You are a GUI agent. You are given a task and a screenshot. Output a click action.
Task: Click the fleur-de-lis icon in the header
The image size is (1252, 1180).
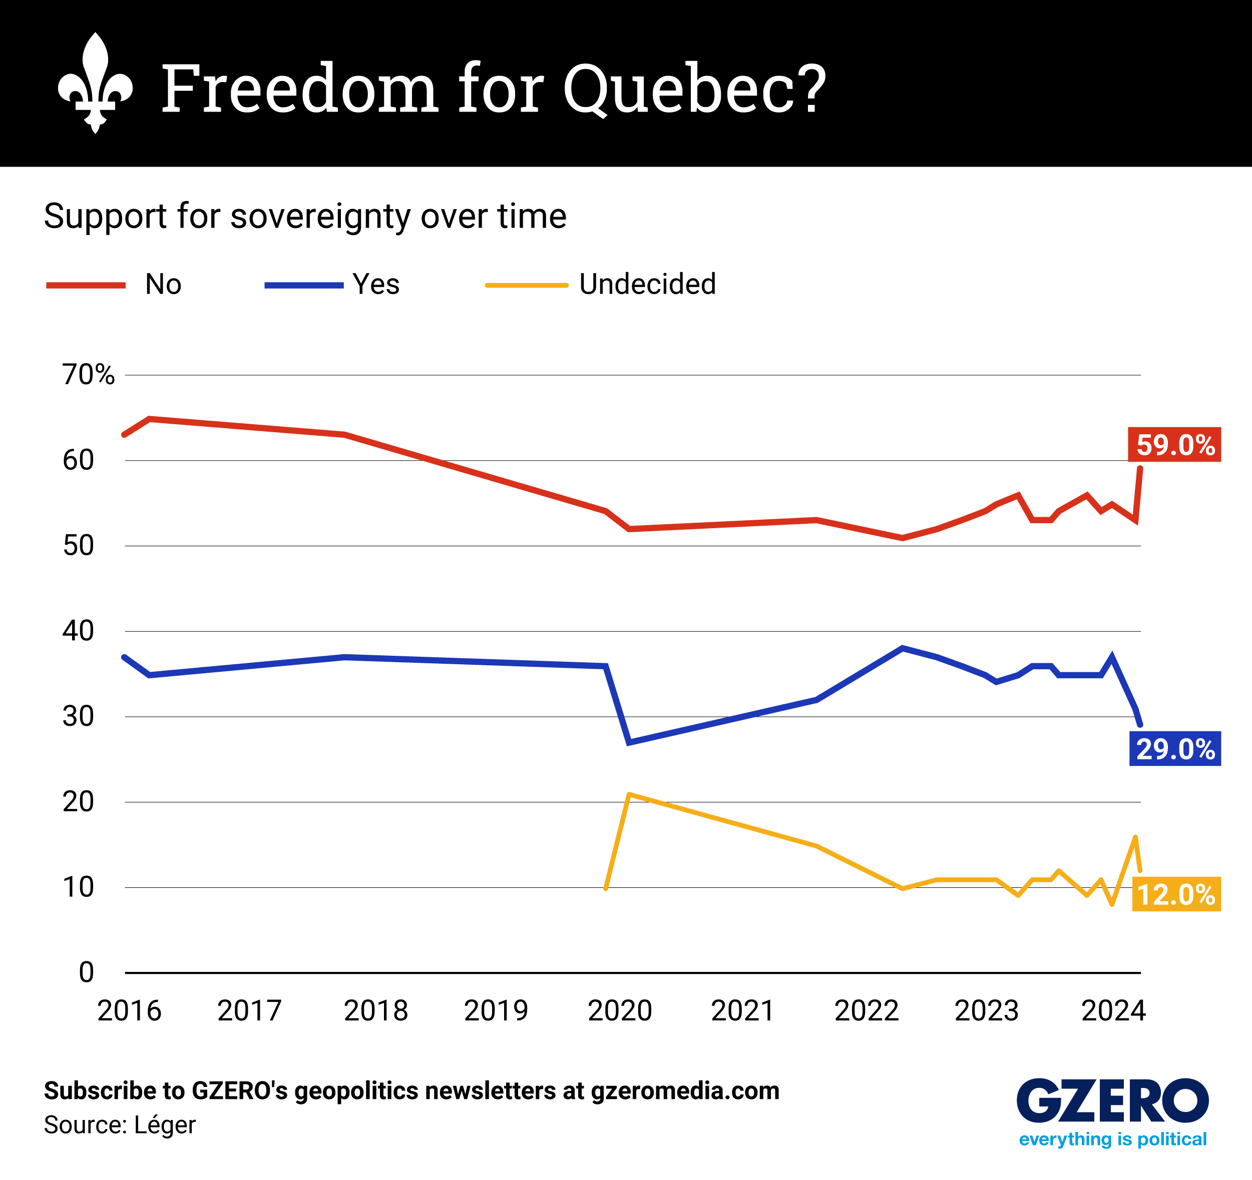pyautogui.click(x=95, y=83)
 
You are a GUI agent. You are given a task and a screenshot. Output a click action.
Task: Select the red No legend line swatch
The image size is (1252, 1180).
pyautogui.click(x=86, y=285)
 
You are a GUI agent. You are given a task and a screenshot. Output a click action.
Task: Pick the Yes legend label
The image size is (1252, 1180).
pyautogui.click(x=376, y=285)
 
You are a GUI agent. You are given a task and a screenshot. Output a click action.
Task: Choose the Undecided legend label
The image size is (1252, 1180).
pyautogui.click(x=647, y=285)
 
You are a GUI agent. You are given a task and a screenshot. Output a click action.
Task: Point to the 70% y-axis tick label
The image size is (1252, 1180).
pyautogui.click(x=88, y=375)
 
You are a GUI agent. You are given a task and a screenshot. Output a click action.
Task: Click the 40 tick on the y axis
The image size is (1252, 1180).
pyautogui.click(x=78, y=631)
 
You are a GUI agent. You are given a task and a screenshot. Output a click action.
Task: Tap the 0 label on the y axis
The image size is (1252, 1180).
pyautogui.click(x=86, y=972)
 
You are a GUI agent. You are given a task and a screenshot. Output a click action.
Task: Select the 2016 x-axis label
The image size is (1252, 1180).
pyautogui.click(x=129, y=1011)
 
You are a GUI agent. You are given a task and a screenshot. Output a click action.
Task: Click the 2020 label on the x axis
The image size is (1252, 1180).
pyautogui.click(x=620, y=1011)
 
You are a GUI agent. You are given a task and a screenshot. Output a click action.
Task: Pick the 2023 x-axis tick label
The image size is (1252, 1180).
pyautogui.click(x=986, y=1011)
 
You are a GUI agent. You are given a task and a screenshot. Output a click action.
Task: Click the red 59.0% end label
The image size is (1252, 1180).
pyautogui.click(x=1174, y=445)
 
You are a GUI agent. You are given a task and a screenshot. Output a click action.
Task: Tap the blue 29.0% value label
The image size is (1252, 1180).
pyautogui.click(x=1174, y=749)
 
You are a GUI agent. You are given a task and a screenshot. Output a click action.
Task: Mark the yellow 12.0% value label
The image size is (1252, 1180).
pyautogui.click(x=1176, y=894)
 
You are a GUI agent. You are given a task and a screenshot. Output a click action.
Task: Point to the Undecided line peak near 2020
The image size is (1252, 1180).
pyautogui.click(x=629, y=795)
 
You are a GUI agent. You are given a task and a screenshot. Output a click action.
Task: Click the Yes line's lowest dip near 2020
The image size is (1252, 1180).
pyautogui.click(x=629, y=743)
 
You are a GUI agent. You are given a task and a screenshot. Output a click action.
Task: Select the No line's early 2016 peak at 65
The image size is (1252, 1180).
pyautogui.click(x=149, y=419)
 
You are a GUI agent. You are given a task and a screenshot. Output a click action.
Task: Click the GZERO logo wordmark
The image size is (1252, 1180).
pyautogui.click(x=1112, y=1101)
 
